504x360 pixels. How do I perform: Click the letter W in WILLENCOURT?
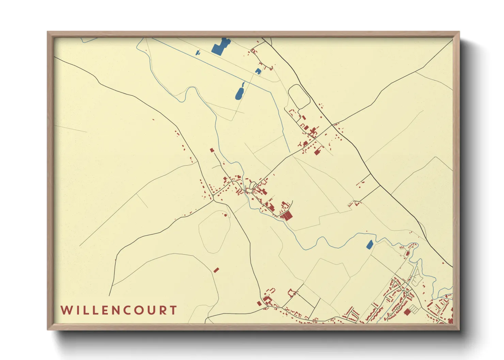[66, 310]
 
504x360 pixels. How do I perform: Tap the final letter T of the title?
[174, 310]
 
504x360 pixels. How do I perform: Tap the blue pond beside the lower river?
[369, 244]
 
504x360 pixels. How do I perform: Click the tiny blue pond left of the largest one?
[198, 52]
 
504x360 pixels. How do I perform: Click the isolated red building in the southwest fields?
[216, 270]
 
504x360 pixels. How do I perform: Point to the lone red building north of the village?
[211, 150]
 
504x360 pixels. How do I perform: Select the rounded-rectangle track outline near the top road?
[299, 97]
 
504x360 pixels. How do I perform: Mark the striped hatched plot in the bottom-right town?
[413, 309]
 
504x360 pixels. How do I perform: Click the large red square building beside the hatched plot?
[407, 312]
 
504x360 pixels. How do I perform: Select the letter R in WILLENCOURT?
[163, 310]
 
